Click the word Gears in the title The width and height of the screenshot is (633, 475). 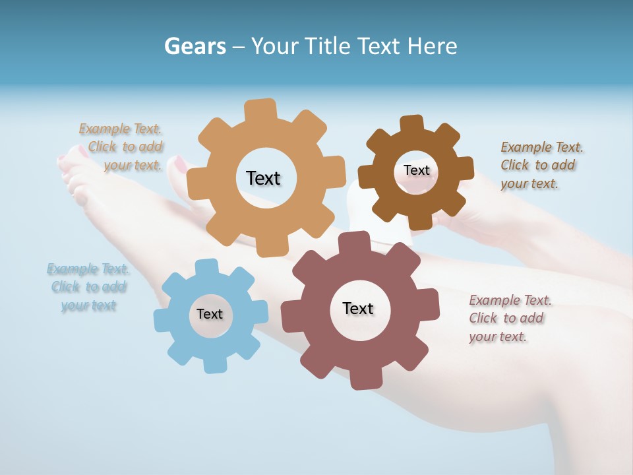(195, 46)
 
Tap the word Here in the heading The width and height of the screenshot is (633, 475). (432, 46)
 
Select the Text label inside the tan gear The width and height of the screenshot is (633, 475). (263, 178)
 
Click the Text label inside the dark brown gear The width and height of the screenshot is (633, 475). (416, 170)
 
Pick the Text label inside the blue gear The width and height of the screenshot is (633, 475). (210, 314)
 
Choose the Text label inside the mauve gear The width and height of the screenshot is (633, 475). (358, 308)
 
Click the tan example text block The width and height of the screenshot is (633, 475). (123, 147)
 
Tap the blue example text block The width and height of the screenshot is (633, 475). (88, 287)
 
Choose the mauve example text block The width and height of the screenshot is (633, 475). (510, 318)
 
